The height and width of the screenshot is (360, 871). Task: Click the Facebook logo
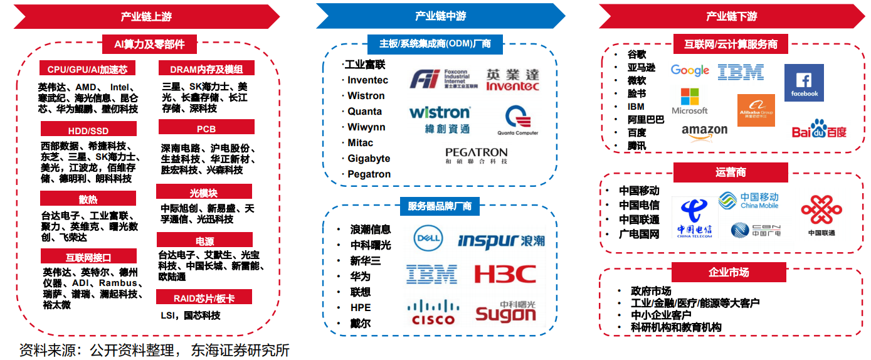804,83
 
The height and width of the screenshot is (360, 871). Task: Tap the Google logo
690,70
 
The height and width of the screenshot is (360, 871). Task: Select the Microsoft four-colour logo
689,101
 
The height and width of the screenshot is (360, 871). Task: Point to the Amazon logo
704,131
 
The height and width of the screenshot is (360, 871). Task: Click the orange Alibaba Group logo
756,110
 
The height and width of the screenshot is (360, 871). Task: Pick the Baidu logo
819,129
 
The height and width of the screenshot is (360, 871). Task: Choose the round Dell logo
428,238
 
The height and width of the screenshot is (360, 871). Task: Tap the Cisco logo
433,312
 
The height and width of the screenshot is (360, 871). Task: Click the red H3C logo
505,274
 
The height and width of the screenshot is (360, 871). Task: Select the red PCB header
206,129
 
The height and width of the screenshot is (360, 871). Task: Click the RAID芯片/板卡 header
204,297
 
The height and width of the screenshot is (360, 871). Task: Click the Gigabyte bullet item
369,159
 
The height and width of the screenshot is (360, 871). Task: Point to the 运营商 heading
731,172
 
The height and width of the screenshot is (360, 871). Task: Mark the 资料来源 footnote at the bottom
154,349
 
